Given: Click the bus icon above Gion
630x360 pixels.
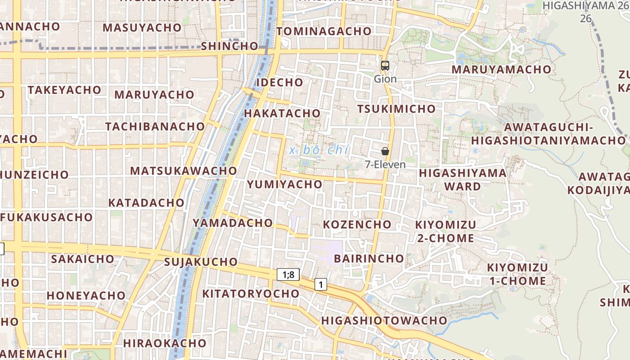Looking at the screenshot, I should click(x=385, y=66).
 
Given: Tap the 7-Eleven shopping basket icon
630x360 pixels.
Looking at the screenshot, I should click(x=385, y=151).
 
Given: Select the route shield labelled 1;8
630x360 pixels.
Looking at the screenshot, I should click(x=288, y=274).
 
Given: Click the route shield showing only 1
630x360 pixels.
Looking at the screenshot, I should click(x=320, y=284).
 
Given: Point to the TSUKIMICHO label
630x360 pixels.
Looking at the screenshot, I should click(x=396, y=109).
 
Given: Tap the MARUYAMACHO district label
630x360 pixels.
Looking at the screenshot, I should click(x=501, y=70).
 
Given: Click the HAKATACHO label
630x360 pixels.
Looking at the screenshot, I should click(x=282, y=113).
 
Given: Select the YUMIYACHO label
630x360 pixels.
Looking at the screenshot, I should click(x=285, y=184).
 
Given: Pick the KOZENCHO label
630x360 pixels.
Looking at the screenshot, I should click(x=357, y=224).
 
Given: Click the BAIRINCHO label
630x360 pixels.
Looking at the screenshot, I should click(x=369, y=258).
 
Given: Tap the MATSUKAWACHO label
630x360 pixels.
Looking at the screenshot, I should click(x=183, y=171).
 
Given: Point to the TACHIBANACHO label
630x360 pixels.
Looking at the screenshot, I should click(x=155, y=126).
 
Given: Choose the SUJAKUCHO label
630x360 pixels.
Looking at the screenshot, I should click(x=201, y=262).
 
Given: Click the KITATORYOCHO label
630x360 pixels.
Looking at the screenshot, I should click(x=251, y=294).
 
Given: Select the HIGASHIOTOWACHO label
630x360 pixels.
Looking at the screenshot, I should click(x=384, y=321).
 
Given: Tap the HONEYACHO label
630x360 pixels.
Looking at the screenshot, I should click(x=86, y=296).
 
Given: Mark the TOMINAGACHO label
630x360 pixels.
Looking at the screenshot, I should click(x=324, y=31).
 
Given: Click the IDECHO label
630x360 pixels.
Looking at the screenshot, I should click(x=279, y=83).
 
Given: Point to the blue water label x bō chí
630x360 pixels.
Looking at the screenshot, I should click(x=319, y=150).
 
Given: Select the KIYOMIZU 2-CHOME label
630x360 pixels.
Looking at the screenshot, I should click(x=445, y=231).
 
